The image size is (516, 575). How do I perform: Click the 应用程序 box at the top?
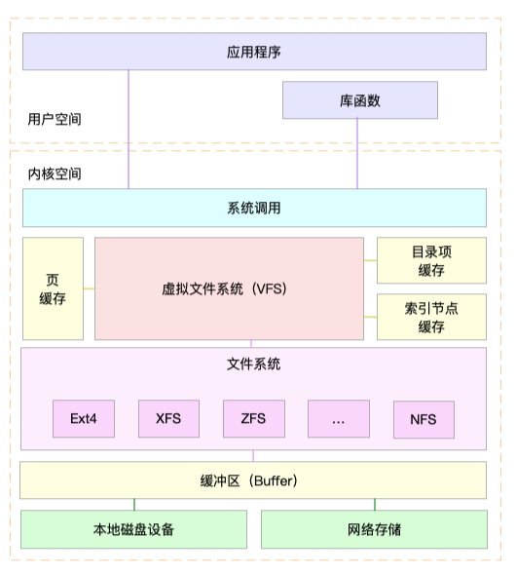coord(254,52)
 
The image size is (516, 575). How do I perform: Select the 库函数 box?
coord(359,100)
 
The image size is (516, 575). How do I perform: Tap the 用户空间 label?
coord(55,120)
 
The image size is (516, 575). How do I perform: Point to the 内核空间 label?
coord(55,173)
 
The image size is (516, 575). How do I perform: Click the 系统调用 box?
coord(254,208)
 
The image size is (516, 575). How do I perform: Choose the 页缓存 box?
coord(53,288)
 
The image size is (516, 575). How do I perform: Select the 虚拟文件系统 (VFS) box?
coord(229,288)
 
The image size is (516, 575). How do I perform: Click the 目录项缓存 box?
coord(431,260)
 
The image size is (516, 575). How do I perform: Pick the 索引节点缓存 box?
coord(431,317)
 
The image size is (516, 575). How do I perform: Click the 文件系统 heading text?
coord(253,364)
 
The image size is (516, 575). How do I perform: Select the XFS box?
coord(168,419)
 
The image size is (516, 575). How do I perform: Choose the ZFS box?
coord(253,419)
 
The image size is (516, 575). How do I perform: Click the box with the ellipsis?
coord(338,419)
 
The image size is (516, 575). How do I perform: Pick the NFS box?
coord(424,419)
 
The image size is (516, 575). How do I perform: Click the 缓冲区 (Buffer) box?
coord(254,480)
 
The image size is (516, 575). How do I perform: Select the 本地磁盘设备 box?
coord(134,530)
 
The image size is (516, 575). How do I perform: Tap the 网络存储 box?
coord(374,530)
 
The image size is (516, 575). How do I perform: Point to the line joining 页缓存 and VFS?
coord(89,288)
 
